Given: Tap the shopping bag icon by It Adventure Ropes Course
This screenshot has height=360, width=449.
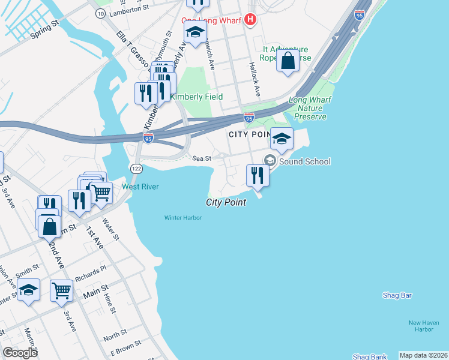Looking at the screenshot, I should click(x=288, y=61).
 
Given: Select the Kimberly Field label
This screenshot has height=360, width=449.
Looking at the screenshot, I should click(x=196, y=97).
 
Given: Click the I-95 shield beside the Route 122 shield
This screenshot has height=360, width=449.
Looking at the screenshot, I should click(x=148, y=139).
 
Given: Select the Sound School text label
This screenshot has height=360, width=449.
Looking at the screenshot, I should click(x=304, y=161).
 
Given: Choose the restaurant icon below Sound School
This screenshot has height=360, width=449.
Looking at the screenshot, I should click(x=258, y=175).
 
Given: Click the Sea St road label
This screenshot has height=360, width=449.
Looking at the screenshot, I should click(x=202, y=158).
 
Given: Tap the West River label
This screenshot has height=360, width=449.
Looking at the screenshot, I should click(x=140, y=187).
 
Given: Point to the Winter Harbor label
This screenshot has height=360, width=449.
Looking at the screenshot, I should click(x=183, y=217).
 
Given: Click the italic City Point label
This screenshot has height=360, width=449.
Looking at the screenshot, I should click(x=226, y=203).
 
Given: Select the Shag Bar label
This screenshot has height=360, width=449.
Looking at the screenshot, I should click(x=397, y=295).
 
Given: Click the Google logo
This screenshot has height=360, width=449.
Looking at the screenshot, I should click(x=20, y=353).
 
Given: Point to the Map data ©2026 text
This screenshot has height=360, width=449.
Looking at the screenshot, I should click(x=423, y=355).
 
